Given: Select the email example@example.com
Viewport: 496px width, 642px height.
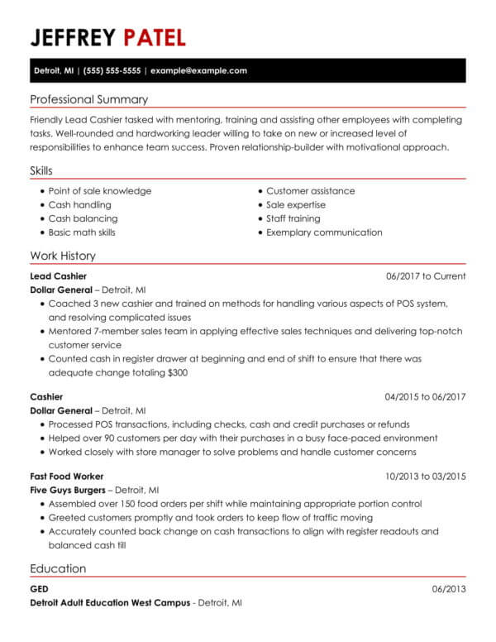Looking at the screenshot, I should coord(198,71).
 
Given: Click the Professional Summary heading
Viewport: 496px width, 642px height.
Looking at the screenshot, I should coord(88,99).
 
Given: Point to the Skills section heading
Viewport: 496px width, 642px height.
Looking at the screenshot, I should coord(41,170).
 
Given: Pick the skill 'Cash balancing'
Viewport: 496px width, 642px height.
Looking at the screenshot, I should coord(83,218).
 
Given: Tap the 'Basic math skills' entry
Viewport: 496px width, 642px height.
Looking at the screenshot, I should coord(82,232).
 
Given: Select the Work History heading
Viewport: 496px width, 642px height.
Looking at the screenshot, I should coord(62,256).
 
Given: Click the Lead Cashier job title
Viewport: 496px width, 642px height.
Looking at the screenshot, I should coord(58,276).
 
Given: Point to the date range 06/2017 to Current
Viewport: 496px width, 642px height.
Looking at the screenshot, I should coord(426,276).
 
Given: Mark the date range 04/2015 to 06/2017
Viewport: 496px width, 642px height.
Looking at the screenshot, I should coord(425,396).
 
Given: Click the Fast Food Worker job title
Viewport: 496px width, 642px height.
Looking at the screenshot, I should coord(66,477).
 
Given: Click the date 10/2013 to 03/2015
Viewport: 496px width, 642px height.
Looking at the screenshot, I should coord(425,477).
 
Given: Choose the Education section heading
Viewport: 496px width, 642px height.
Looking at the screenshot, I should coord(58,568).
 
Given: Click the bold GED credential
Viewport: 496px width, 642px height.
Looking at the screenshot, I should coord(39,590).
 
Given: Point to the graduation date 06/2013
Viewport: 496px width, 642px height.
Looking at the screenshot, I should coord(449,590).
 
